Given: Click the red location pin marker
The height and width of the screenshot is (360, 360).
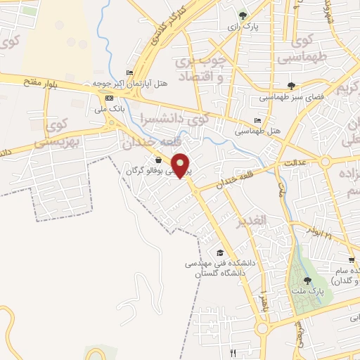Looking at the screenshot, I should [182, 165].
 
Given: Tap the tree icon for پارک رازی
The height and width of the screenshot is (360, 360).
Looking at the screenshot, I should [243, 14].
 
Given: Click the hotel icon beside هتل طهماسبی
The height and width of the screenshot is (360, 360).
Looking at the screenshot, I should [257, 120].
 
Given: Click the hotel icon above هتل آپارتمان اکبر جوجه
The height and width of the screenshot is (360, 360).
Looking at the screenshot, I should [129, 72].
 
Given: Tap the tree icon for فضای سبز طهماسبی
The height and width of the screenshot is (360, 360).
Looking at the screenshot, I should [291, 86].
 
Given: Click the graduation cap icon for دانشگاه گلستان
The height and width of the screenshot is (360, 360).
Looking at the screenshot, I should [220, 252].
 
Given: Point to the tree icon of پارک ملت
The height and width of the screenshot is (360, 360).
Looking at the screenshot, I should [307, 280].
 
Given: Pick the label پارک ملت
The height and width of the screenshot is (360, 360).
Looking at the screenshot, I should [307, 290].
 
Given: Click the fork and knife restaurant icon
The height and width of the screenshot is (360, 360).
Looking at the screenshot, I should [233, 352].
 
